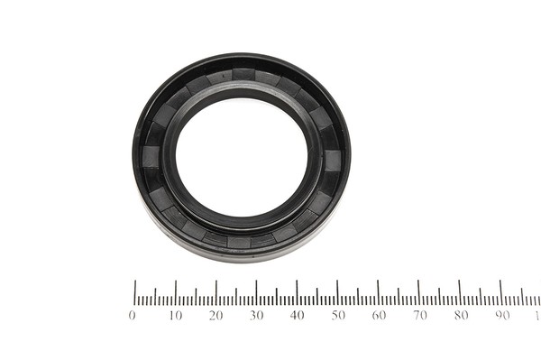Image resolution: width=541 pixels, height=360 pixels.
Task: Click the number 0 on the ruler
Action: click(132, 315)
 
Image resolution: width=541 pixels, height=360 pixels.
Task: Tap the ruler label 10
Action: click(176, 315)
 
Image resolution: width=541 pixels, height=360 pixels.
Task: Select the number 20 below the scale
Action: click(216, 315)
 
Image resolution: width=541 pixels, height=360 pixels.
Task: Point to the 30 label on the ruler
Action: click(257, 315)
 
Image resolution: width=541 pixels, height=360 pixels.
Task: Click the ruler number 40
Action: click(298, 315)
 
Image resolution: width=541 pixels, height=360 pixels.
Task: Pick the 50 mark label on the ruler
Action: click(338, 315)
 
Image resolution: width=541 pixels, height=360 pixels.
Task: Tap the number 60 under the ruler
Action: click(380, 315)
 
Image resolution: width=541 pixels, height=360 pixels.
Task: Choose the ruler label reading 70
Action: click(420, 315)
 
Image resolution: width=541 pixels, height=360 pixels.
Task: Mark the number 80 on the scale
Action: click(462, 315)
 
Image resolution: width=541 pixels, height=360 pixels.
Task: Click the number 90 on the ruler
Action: click(502, 315)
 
